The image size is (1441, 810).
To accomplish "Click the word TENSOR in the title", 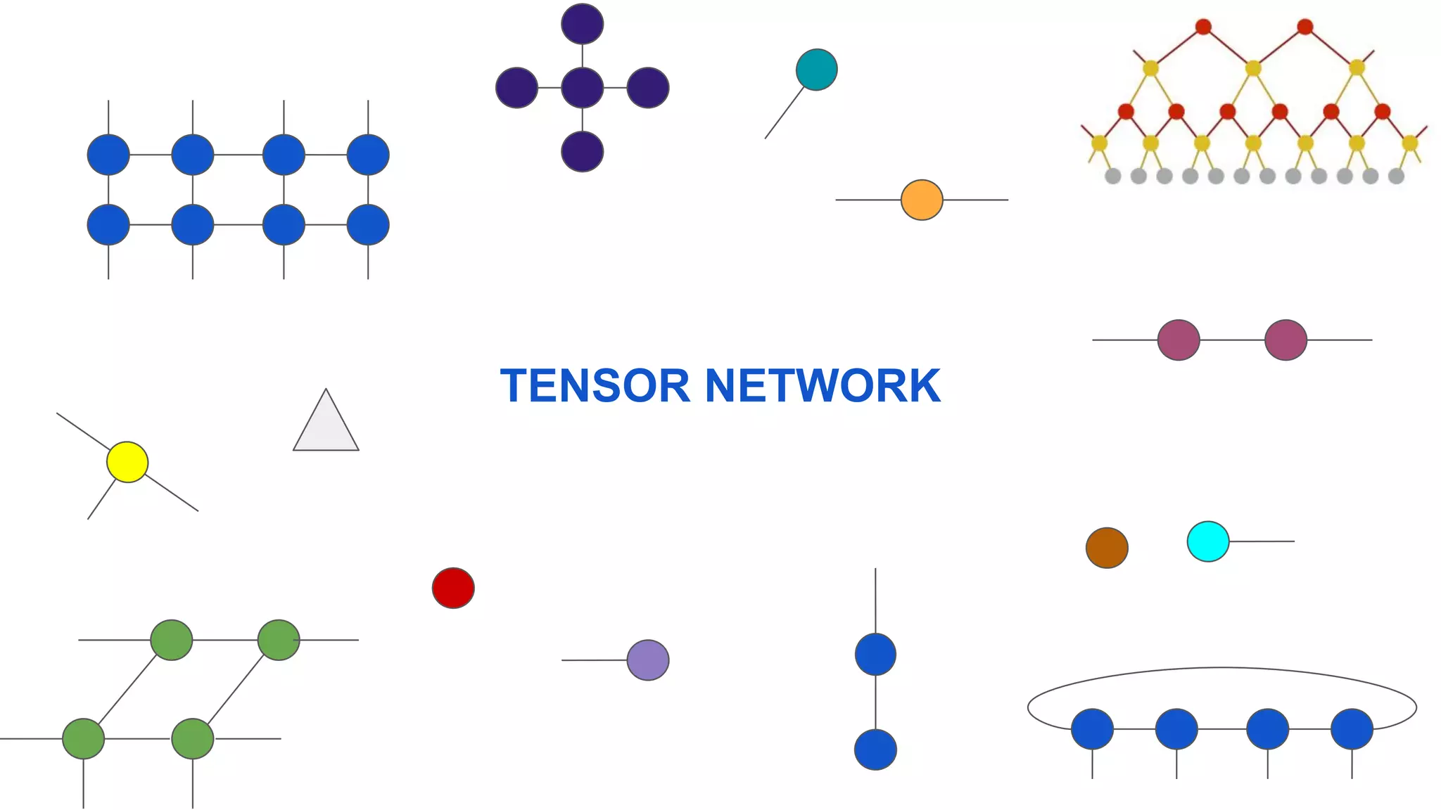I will [595, 386].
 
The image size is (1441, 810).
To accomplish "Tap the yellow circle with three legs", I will [127, 462].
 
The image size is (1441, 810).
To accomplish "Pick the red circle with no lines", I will [453, 588].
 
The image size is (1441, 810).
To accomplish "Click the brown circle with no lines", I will [1107, 548].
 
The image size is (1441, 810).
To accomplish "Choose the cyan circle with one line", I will [1208, 541].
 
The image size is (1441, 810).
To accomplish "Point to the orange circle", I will [922, 200].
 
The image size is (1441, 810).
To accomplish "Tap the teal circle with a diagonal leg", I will [817, 70].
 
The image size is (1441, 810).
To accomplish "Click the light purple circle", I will [648, 660].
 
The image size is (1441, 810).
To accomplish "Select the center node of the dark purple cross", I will [583, 88].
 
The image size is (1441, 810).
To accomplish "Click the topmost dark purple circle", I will [583, 24].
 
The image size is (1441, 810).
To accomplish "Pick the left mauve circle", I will [1179, 340].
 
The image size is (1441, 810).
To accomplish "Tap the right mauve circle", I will [1286, 340].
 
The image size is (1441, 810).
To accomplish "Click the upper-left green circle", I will [172, 640].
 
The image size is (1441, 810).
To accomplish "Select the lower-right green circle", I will [193, 739].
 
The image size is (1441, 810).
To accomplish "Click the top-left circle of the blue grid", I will [108, 155].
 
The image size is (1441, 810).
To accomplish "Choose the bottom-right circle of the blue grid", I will [368, 225].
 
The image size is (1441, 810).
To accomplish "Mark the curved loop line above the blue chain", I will [1222, 668].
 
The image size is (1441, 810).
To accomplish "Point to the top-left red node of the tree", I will [1203, 27].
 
